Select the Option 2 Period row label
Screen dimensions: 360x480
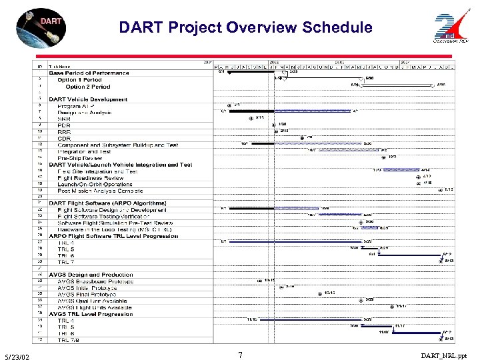pos(88,86)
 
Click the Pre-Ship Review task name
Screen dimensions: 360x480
pos(81,157)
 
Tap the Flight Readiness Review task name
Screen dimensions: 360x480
pos(90,177)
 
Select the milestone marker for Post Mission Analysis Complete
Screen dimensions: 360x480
pos(441,189)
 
